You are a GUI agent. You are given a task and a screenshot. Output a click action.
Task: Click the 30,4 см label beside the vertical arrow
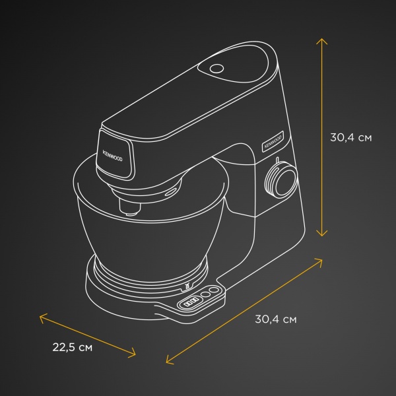(351, 138)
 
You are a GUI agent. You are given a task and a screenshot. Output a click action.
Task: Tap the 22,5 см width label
(73, 347)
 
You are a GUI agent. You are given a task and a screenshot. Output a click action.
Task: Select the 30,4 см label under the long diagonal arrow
(276, 319)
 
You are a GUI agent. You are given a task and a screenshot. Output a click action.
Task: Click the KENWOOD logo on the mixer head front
(112, 156)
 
